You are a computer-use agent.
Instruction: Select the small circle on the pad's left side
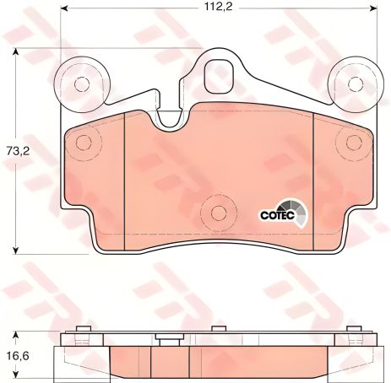82,143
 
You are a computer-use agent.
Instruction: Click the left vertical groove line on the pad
125,181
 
